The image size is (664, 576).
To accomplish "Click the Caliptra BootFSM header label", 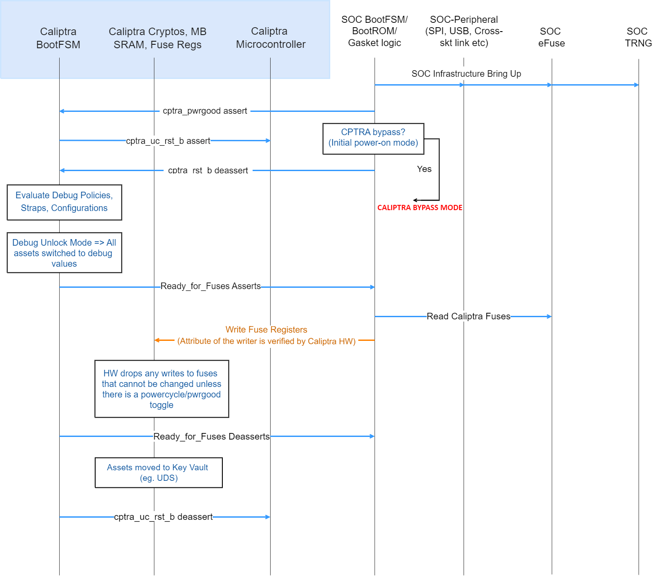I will pyautogui.click(x=58, y=38).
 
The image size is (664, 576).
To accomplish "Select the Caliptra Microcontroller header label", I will pyautogui.click(x=270, y=38).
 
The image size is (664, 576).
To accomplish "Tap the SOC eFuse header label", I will pyautogui.click(x=551, y=37).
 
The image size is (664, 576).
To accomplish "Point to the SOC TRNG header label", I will pyautogui.click(x=638, y=37).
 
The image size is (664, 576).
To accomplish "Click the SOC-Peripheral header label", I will pyautogui.click(x=464, y=31).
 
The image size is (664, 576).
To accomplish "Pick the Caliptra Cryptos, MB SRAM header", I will pyautogui.click(x=157, y=38).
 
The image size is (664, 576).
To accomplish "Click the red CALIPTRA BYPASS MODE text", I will pyautogui.click(x=420, y=208).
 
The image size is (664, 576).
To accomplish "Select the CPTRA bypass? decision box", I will pyautogui.click(x=373, y=138).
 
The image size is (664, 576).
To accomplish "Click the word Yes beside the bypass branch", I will pyautogui.click(x=424, y=169).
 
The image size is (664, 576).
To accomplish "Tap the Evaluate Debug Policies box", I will pyautogui.click(x=64, y=202).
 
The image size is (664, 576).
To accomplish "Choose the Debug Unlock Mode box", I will pyautogui.click(x=64, y=253).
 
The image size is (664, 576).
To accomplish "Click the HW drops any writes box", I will pyautogui.click(x=161, y=389).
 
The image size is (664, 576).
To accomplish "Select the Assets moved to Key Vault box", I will pyautogui.click(x=158, y=472).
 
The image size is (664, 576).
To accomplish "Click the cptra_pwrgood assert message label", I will pyautogui.click(x=205, y=111).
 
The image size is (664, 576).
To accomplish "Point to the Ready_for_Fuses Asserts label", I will pyautogui.click(x=211, y=286).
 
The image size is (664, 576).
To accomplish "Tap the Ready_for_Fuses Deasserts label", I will pyautogui.click(x=211, y=436).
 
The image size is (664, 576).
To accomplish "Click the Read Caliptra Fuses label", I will pyautogui.click(x=468, y=316).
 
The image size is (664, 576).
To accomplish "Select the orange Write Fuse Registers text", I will pyautogui.click(x=266, y=330).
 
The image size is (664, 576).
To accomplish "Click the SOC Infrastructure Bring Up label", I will pyautogui.click(x=466, y=74).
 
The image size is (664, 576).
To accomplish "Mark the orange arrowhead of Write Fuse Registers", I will pyautogui.click(x=157, y=340).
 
